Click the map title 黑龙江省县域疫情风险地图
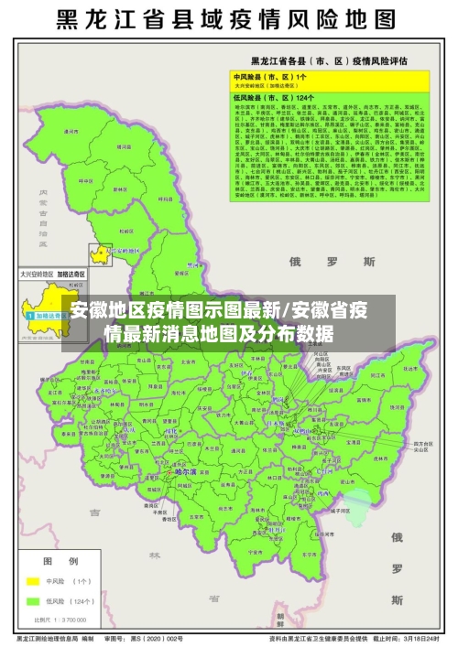pyautogui.click(x=229, y=19)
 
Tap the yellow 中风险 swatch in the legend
pyautogui.click(x=34, y=581)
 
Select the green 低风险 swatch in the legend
pyautogui.click(x=34, y=601)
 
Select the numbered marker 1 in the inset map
pyautogui.click(x=30, y=315)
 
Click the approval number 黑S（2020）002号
pyautogui.click(x=161, y=638)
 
